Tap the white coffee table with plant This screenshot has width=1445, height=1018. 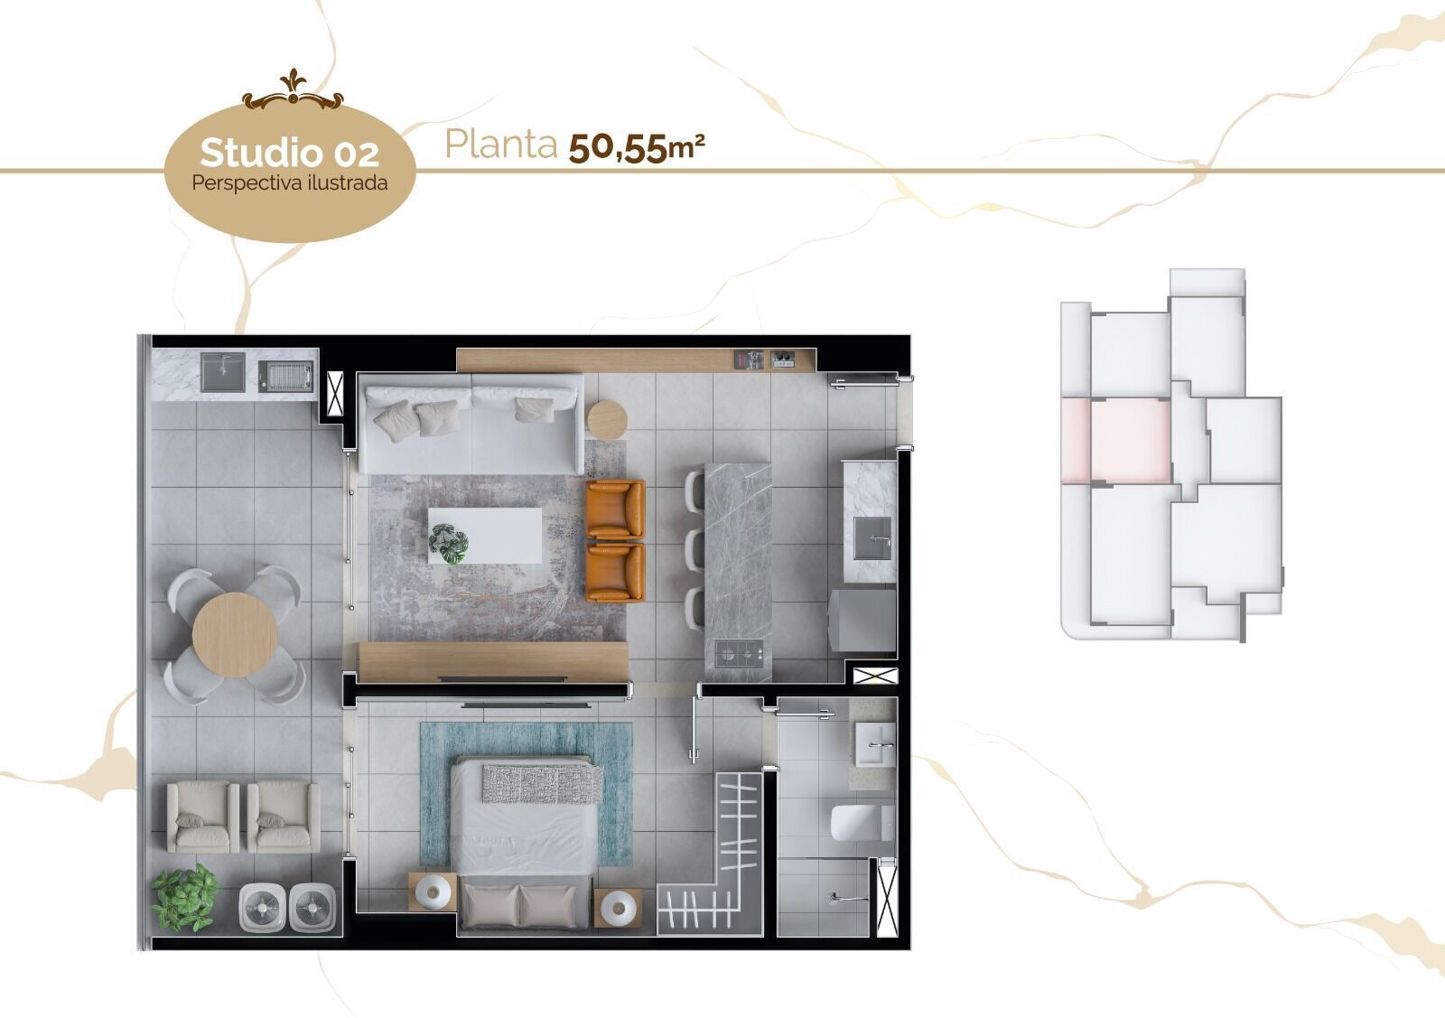pos(485,536)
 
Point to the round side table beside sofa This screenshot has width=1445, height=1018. pos(606,419)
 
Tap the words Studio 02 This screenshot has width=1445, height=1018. pos(289,153)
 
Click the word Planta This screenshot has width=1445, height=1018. pos(500,145)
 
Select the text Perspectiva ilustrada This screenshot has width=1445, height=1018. pos(289,182)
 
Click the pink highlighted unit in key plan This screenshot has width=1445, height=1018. pos(1129,439)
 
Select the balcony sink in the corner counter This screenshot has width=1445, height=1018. pos(222,371)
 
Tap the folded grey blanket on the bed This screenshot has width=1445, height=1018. pos(540,781)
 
